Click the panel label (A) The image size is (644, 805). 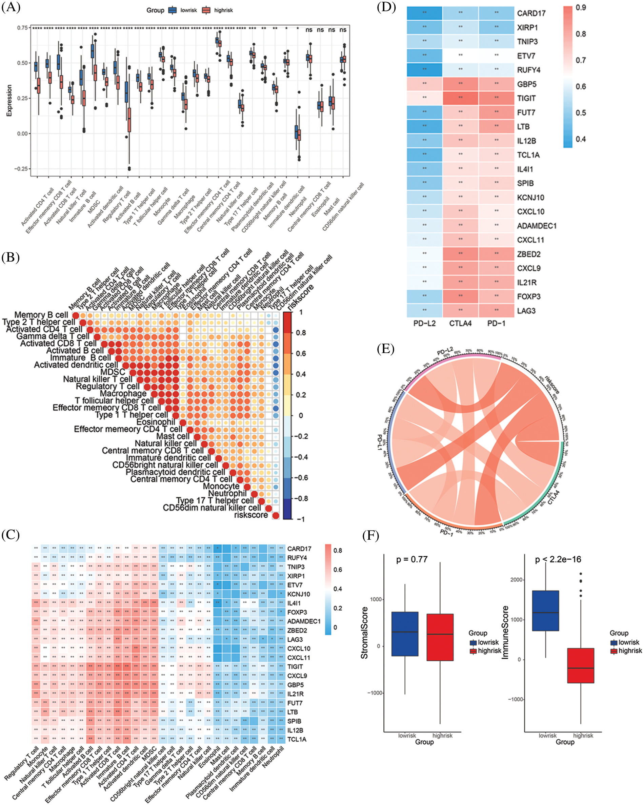tap(11, 7)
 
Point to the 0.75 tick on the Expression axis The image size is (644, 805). tap(22, 28)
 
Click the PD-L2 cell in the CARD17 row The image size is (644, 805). tap(424, 13)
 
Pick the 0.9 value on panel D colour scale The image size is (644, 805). tap(581, 8)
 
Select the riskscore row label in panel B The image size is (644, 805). tap(251, 515)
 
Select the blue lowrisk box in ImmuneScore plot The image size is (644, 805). tap(545, 611)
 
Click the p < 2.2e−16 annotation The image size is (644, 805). tap(558, 559)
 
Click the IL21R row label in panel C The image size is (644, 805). tap(295, 694)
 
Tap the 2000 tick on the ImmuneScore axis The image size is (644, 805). tap(516, 580)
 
